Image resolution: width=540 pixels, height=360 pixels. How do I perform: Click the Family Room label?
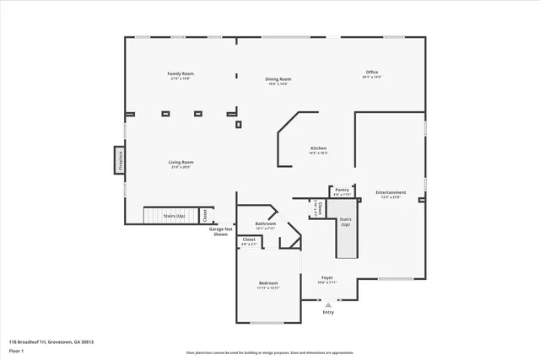point(181,74)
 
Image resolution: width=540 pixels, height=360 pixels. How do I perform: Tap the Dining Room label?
point(278,79)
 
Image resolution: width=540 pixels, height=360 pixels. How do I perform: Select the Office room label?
point(372,73)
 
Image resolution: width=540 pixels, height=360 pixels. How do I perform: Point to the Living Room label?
point(181,162)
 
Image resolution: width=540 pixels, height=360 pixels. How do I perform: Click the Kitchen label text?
point(317,148)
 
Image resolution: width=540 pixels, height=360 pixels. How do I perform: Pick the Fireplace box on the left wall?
point(120,159)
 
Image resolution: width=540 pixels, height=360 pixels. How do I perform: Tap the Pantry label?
point(341,191)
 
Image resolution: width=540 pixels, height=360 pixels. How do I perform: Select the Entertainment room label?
point(391,192)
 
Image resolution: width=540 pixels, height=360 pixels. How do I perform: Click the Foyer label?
point(327,277)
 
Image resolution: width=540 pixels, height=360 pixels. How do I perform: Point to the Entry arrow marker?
point(328,304)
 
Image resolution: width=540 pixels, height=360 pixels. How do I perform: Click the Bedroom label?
point(268,282)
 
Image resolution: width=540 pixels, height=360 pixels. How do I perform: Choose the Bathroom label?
point(266,223)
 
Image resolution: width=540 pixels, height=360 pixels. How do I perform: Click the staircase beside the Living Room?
point(170,216)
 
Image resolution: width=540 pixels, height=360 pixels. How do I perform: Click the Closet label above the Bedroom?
point(249,239)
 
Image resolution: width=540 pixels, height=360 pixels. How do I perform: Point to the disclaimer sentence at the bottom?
point(269,352)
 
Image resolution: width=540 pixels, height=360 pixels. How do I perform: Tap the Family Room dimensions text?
point(181,79)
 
